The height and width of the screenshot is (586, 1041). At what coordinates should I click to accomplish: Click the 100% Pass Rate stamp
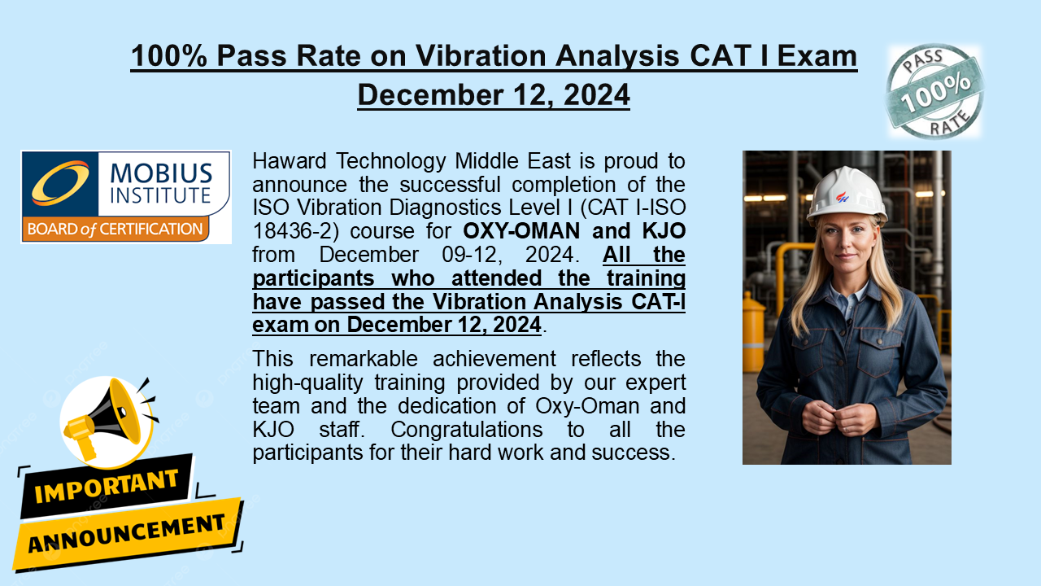coord(934,91)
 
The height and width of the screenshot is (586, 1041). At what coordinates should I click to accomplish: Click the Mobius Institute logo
coord(126,197)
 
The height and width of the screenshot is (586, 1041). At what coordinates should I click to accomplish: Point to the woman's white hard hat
coord(847,193)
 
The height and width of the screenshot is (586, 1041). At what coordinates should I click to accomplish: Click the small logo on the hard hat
coord(842,196)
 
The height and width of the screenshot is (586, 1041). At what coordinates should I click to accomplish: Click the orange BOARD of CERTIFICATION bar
coord(115,230)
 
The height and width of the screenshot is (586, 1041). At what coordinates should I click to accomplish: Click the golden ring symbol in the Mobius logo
coord(59,182)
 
